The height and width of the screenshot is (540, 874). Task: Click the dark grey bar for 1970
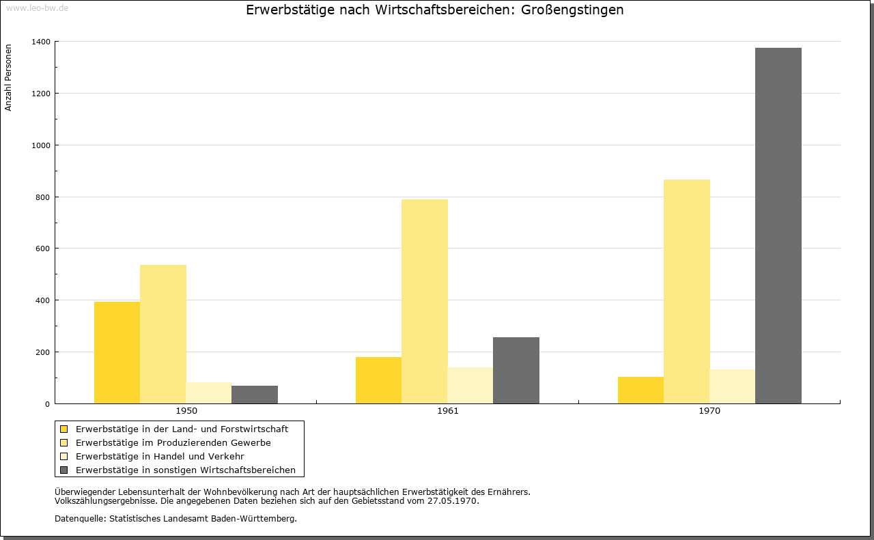point(778,225)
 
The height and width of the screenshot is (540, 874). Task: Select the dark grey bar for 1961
point(516,370)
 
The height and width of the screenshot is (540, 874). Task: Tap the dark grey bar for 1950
point(255,395)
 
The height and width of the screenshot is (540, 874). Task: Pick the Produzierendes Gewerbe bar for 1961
point(425,301)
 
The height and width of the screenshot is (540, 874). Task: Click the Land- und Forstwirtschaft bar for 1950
point(117,353)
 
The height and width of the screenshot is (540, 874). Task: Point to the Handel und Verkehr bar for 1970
point(732,386)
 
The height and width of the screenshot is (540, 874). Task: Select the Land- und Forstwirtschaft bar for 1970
point(640,390)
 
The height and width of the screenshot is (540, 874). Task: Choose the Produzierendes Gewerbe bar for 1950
point(163,335)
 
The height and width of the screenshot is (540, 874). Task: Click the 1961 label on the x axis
point(448,411)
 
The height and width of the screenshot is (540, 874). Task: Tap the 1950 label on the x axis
point(186,411)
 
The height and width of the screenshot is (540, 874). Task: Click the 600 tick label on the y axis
point(43,248)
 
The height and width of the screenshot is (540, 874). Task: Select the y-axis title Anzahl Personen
point(8,78)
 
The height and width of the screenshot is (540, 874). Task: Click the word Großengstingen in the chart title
point(572,10)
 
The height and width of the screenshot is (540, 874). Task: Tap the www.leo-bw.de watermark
point(37,8)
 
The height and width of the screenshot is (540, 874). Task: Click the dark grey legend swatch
point(64,470)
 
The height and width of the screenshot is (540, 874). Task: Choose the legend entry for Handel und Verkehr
point(160,456)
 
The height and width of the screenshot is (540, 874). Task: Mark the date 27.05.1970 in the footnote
point(452,500)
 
